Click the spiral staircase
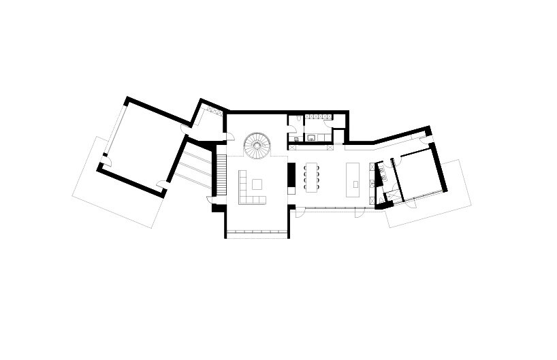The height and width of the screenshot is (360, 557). point(257,144)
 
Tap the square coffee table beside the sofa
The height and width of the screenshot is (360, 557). point(257,184)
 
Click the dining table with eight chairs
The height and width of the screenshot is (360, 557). point(313,177)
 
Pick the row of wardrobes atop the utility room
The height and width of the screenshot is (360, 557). point(317,116)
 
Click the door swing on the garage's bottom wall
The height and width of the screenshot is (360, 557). point(161,185)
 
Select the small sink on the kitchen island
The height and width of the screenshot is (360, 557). point(355,184)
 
